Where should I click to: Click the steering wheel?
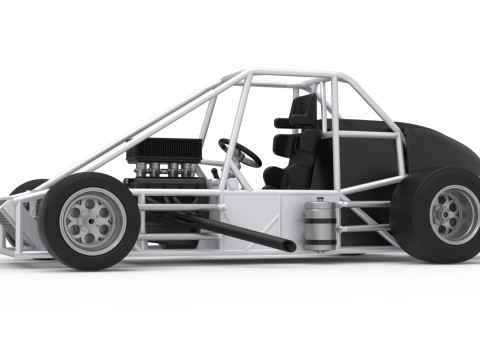click(x=241, y=153)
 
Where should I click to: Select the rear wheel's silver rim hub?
click(x=453, y=214)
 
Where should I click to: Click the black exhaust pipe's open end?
click(x=289, y=245)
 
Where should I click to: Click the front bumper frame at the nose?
click(x=12, y=225)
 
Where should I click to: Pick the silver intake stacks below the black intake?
click(x=170, y=169)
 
